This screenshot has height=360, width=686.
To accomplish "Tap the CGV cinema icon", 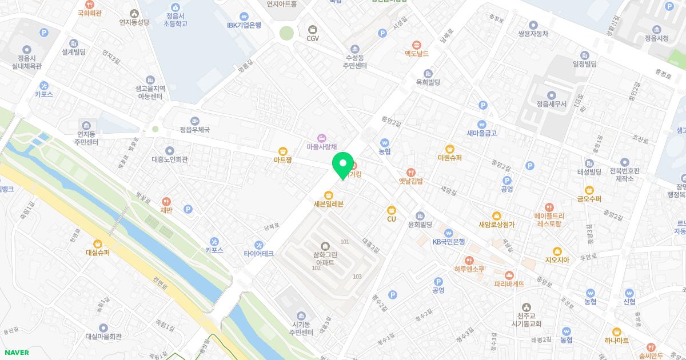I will click(x=313, y=30).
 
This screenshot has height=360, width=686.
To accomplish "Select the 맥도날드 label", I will click(x=416, y=53).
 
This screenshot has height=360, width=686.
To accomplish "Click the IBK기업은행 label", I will click(x=244, y=25).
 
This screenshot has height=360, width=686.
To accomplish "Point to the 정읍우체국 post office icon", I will click(x=195, y=121).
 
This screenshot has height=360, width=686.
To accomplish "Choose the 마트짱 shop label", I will click(x=282, y=160).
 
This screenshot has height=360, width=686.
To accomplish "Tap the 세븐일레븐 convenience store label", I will click(x=328, y=204).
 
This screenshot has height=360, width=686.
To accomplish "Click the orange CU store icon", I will click(x=392, y=210).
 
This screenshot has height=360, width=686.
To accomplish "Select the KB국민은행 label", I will click(x=449, y=241).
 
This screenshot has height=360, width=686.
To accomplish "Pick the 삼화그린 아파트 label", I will click(x=324, y=258).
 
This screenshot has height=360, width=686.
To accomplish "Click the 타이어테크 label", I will click(x=258, y=253).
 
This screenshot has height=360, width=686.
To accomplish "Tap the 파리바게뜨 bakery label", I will click(x=509, y=283).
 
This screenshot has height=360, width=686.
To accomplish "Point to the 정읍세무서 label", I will click(x=551, y=105).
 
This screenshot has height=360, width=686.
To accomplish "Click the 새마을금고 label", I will click(x=482, y=133).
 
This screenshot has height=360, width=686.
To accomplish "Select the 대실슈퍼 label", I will click(x=98, y=252).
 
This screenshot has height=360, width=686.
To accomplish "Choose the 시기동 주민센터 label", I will click(x=301, y=328).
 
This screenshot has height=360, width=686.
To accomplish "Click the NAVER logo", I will click(x=15, y=353).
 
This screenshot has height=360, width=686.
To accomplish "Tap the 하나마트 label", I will click(x=616, y=340).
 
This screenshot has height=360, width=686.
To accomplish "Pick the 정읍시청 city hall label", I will click(x=656, y=38).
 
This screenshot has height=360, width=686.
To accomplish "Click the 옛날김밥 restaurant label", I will click(x=410, y=181).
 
